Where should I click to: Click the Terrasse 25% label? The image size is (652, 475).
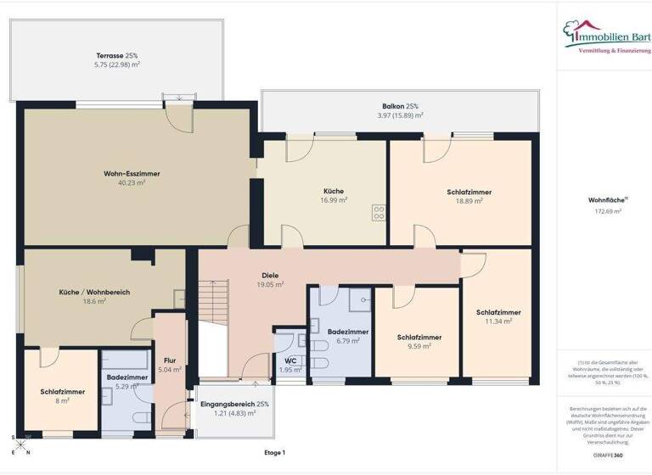(118, 55)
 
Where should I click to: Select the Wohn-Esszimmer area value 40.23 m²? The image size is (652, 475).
(132, 182)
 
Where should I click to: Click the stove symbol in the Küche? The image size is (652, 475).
(379, 213)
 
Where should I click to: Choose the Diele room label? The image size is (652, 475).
(270, 276)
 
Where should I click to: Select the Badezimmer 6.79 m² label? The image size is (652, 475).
(348, 336)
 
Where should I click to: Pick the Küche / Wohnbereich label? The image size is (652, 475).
(94, 292)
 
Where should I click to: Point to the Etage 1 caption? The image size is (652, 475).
(274, 453)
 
